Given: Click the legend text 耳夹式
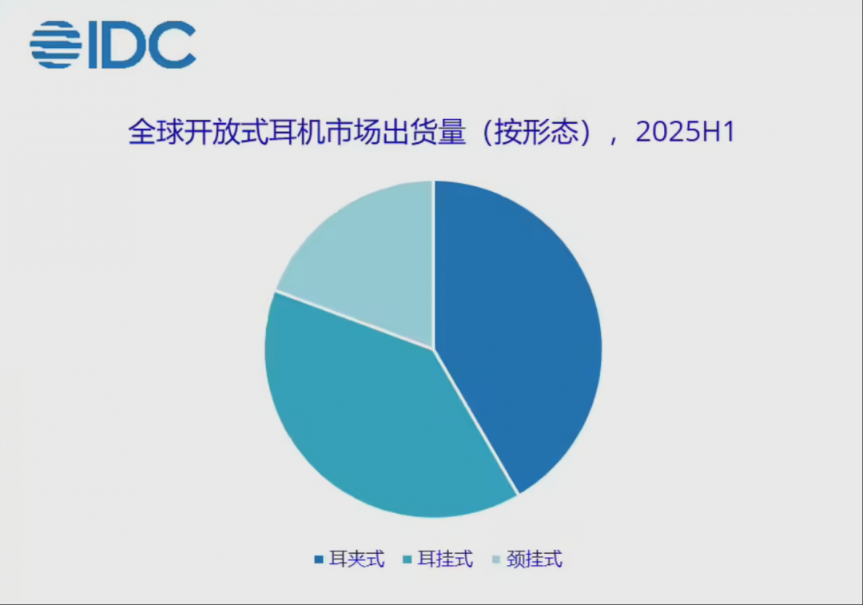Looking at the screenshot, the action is click(x=356, y=559).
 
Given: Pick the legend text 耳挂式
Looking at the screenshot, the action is click(x=445, y=559).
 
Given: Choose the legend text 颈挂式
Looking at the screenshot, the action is click(x=535, y=559).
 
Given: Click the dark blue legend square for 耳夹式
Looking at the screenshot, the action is click(x=318, y=560).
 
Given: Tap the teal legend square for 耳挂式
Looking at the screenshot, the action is click(x=408, y=560).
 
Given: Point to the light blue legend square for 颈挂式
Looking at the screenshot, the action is click(x=496, y=560).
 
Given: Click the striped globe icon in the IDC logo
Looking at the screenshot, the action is click(x=56, y=45).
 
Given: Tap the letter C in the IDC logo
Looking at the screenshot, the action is click(x=173, y=45).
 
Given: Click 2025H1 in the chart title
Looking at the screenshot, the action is click(x=686, y=132).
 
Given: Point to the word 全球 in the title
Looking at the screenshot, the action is click(x=156, y=132).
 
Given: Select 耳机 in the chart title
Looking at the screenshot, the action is click(x=296, y=132).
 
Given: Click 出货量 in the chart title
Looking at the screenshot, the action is click(x=424, y=132).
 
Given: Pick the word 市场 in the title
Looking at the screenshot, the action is click(x=353, y=132).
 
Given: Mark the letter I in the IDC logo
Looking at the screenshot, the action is click(x=93, y=45).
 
